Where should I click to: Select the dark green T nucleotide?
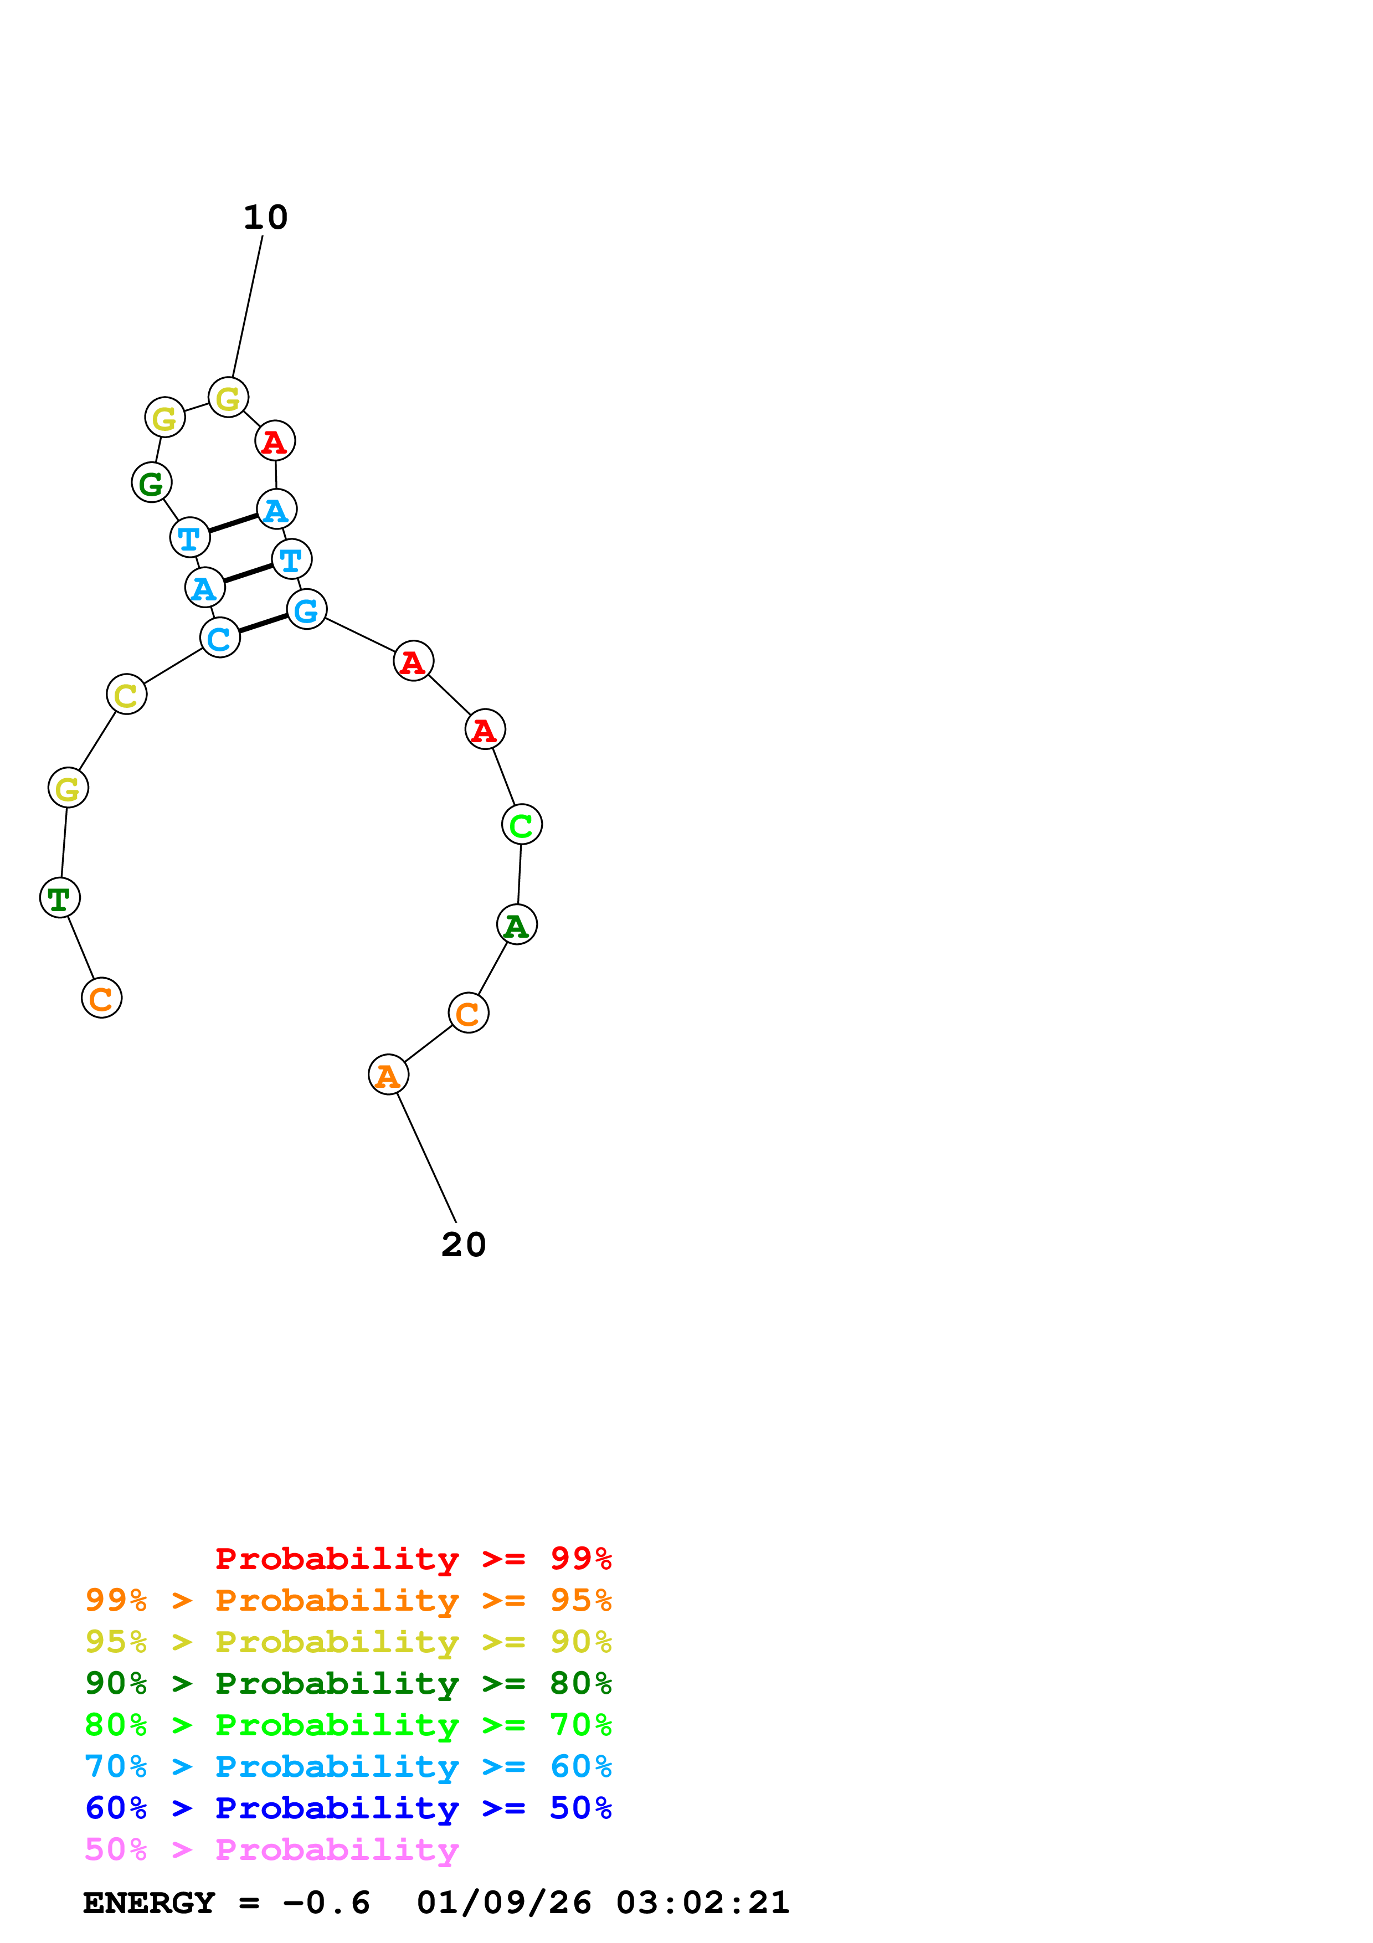click(x=60, y=898)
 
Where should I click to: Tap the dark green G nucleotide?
click(x=151, y=483)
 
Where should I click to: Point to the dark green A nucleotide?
click(x=516, y=925)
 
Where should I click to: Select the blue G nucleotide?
click(x=306, y=609)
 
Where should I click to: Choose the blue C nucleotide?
click(x=220, y=638)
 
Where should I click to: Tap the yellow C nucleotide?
click(x=127, y=695)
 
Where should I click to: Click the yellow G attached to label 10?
click(x=228, y=398)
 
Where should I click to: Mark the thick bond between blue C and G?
click(x=263, y=624)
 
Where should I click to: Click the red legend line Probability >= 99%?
click(x=413, y=1558)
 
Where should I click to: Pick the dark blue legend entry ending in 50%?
click(x=348, y=1808)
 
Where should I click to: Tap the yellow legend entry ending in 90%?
click(x=348, y=1641)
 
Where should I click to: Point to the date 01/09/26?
click(x=503, y=1903)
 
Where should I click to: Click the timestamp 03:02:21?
click(x=702, y=1903)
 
